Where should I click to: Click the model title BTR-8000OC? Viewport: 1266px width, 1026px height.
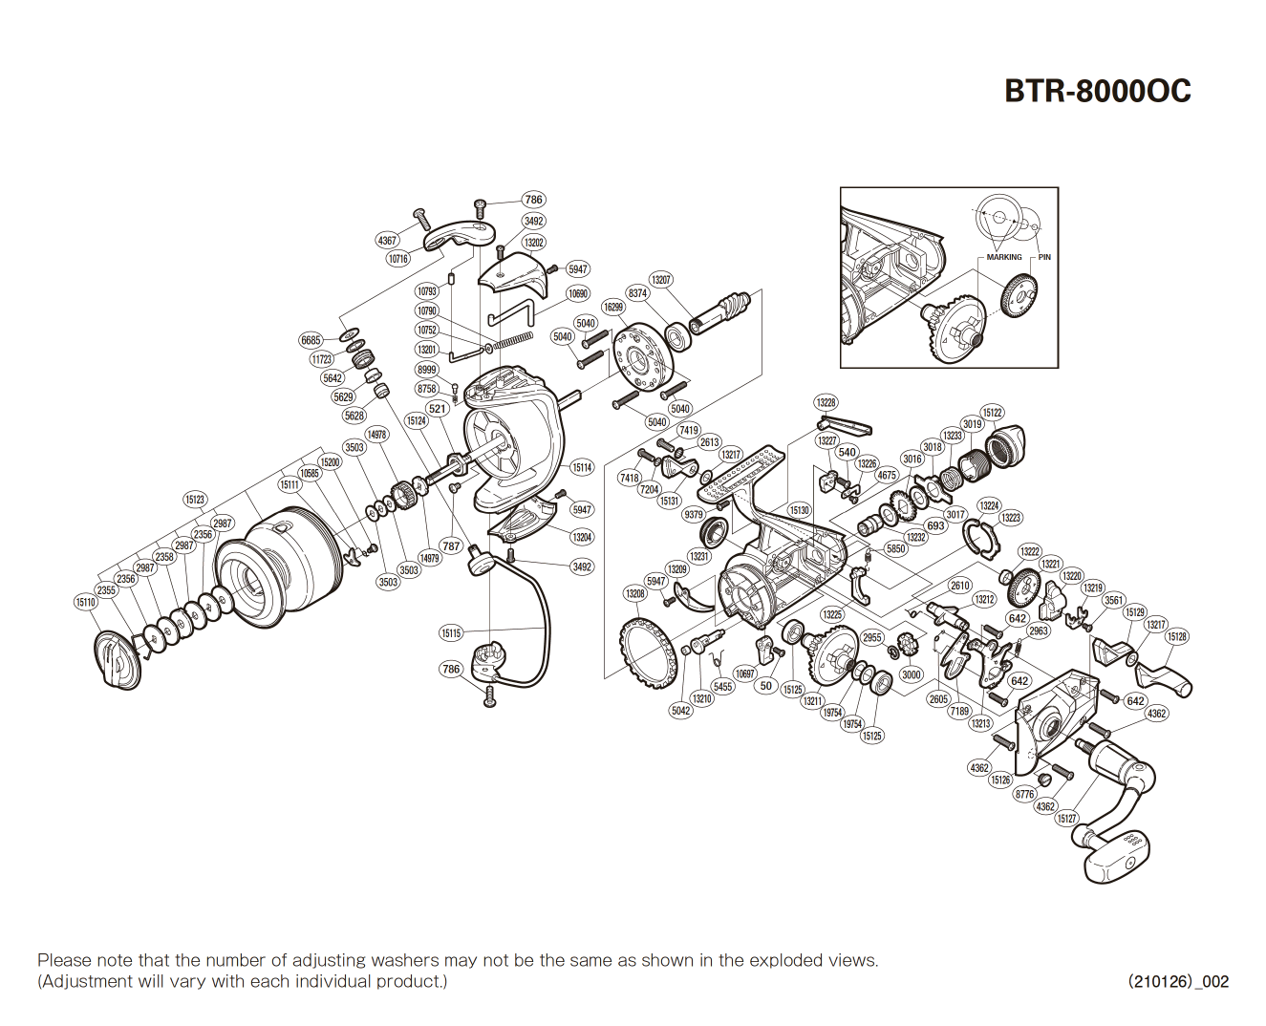(1097, 91)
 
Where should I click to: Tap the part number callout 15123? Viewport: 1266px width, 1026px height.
(195, 500)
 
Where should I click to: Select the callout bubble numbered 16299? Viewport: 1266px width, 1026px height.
(613, 307)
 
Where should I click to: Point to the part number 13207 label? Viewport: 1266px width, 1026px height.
(661, 280)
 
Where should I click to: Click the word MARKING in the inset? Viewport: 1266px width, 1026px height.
(1003, 257)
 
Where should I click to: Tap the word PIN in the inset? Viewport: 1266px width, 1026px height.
(1044, 257)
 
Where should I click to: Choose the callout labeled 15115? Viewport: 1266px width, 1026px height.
(451, 632)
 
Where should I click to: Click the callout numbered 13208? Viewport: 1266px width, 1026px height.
(635, 593)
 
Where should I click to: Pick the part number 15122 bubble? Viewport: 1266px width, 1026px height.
(993, 413)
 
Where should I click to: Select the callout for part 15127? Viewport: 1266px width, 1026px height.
(1066, 819)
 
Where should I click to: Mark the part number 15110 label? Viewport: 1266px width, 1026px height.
(86, 602)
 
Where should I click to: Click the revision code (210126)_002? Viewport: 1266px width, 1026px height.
(1178, 981)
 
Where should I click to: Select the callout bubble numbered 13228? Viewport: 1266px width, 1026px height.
(826, 402)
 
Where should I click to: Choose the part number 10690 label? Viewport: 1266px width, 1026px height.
(578, 294)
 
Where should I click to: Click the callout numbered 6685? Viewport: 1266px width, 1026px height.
(311, 340)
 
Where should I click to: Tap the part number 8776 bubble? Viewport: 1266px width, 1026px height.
(1025, 794)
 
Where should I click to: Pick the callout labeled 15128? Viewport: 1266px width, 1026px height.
(1177, 637)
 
